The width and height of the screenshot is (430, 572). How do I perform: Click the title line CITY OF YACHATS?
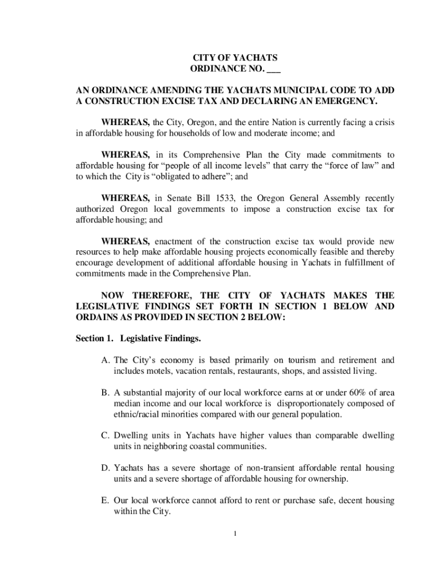235,58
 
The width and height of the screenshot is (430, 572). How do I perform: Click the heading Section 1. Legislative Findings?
138,339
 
